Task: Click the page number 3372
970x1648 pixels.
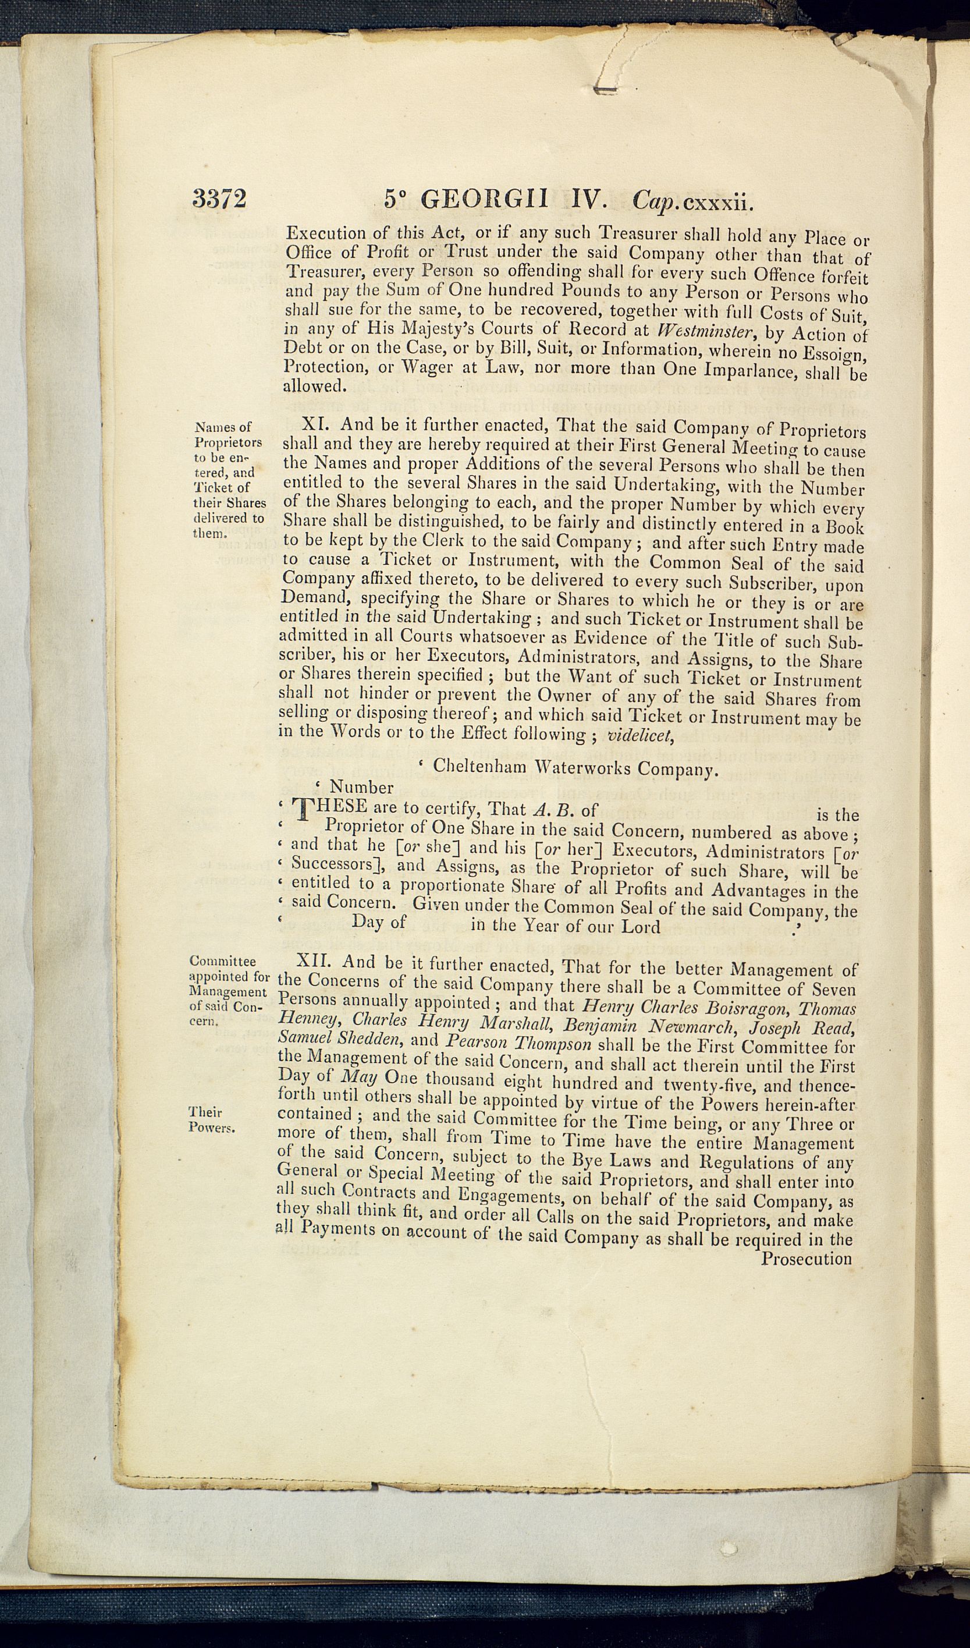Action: point(219,197)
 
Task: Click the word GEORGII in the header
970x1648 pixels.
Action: point(484,199)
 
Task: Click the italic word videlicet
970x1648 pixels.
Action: point(639,736)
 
